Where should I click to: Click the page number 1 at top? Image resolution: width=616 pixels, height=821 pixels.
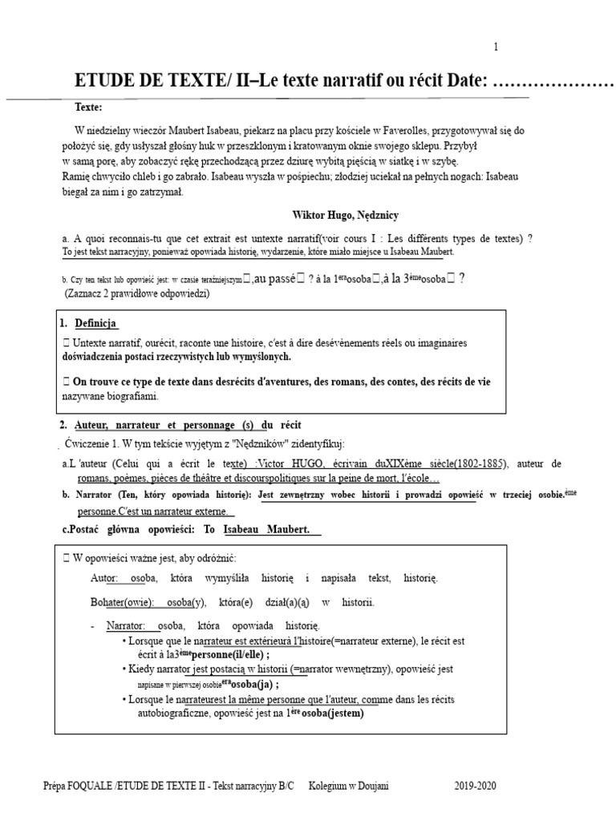(496, 47)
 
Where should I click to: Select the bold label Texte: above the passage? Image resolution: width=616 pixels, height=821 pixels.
(89, 107)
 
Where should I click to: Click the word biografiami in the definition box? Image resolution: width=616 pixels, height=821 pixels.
(131, 396)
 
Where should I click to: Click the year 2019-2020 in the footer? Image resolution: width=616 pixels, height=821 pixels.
(475, 786)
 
